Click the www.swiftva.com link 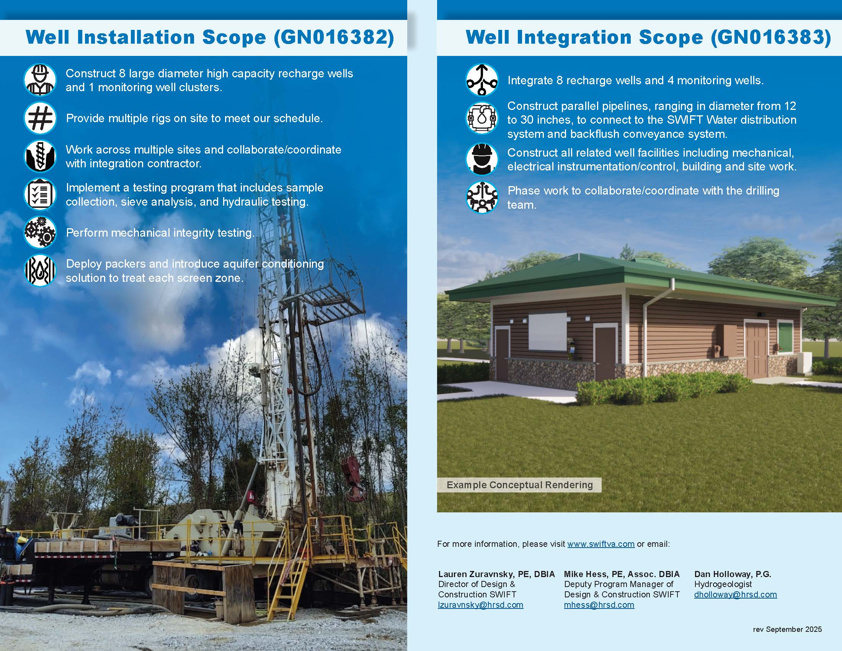pos(600,544)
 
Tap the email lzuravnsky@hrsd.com pos(481,605)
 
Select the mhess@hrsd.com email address pos(599,605)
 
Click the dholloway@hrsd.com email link pos(736,594)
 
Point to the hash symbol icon pos(40,118)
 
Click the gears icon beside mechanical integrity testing pos(40,232)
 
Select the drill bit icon pos(40,156)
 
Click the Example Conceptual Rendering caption pos(520,485)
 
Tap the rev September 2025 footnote pos(787,629)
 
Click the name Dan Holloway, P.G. pos(733,574)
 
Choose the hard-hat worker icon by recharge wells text pos(40,80)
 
